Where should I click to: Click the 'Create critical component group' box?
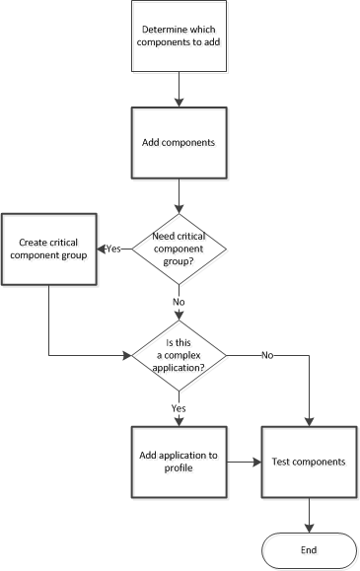click(x=48, y=249)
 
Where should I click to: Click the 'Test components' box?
click(x=310, y=462)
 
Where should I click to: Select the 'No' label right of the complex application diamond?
click(x=268, y=354)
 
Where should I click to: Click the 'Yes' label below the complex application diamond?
click(x=180, y=406)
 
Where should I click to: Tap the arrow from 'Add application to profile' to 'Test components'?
click(x=244, y=462)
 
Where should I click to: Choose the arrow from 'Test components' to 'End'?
click(x=310, y=513)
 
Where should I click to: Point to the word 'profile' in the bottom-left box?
click(x=179, y=468)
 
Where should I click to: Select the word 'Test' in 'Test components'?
click(x=281, y=462)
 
